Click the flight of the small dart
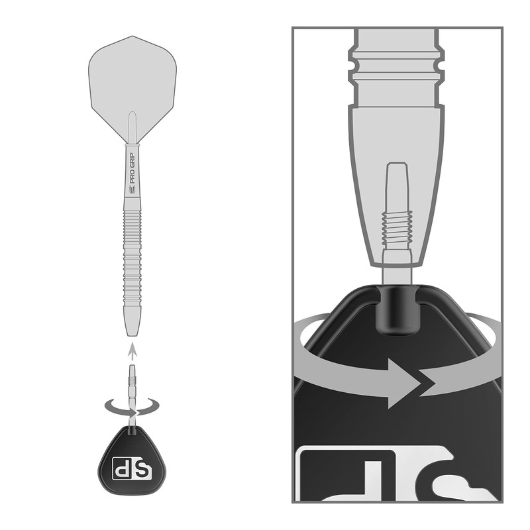pos(132,79)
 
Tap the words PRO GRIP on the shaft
pos(132,168)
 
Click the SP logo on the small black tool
pos(132,467)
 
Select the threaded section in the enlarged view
pos(397,226)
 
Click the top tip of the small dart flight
pos(132,36)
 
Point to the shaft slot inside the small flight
pos(132,126)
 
